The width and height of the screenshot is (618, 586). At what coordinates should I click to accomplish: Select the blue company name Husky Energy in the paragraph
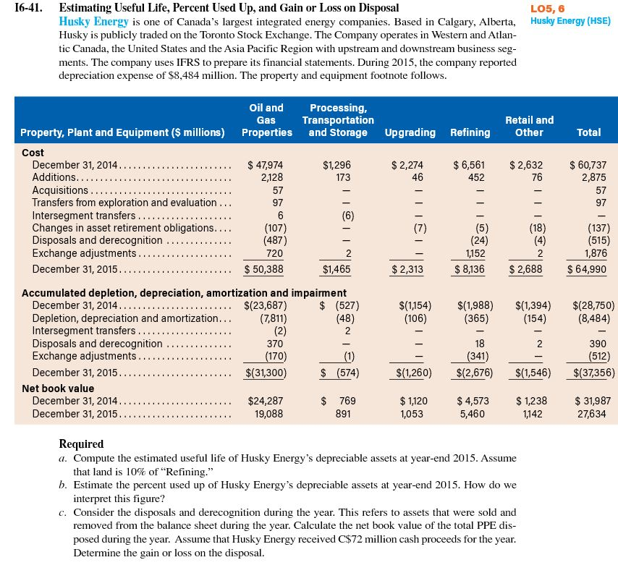coord(90,22)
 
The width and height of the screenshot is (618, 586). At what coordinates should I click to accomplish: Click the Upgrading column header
coord(410,132)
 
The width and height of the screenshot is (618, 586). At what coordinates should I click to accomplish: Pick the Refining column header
coord(470,132)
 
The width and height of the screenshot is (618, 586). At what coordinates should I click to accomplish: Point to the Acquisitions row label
coord(63,190)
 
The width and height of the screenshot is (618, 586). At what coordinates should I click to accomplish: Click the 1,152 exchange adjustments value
coord(473,253)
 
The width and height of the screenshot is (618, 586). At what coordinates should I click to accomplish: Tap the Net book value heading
coord(58,388)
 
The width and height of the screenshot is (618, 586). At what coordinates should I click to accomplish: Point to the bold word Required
coord(81,444)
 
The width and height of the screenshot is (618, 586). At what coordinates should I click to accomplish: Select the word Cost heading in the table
coord(33,153)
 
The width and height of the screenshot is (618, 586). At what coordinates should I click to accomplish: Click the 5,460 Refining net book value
coord(473,414)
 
